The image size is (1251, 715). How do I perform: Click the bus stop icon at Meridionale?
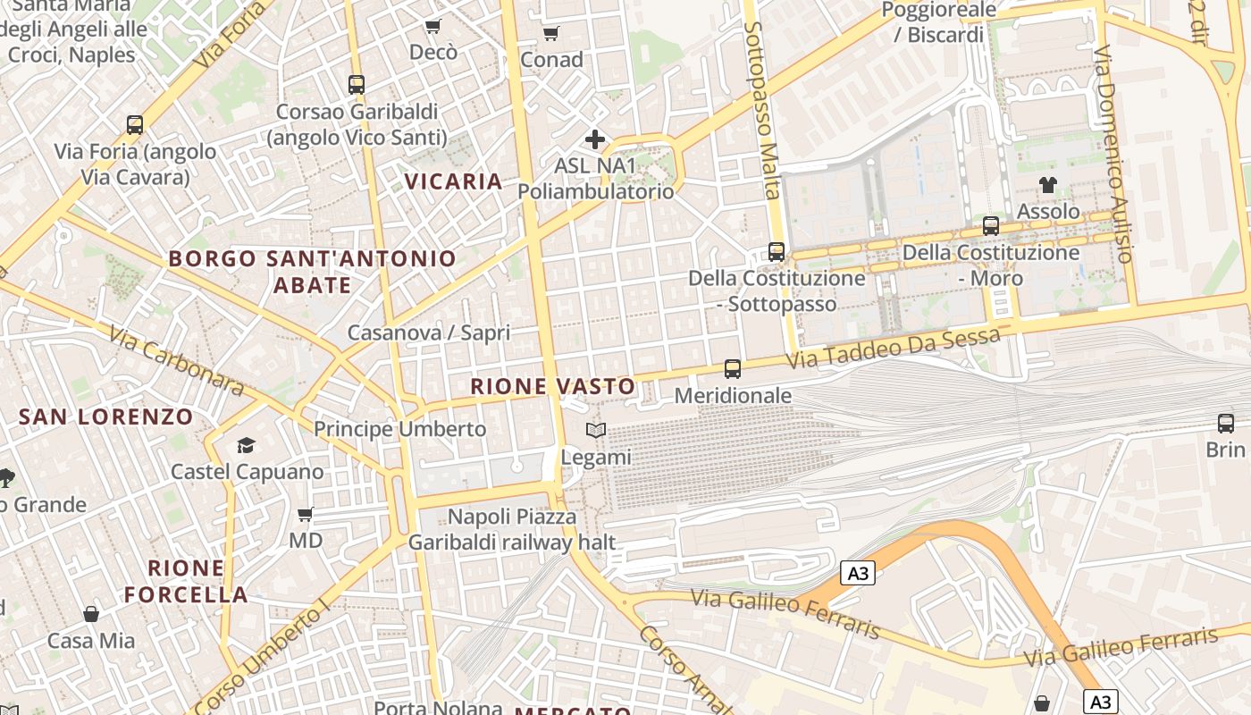[733, 368]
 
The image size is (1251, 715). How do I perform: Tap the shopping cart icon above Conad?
[551, 34]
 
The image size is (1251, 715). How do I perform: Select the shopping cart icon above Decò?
[433, 27]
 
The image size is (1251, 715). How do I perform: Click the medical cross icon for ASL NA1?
[595, 139]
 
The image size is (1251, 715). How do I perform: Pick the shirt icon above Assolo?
[1048, 185]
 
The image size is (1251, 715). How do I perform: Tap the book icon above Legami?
[596, 431]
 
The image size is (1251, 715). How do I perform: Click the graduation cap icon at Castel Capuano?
[246, 445]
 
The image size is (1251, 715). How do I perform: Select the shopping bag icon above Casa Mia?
[91, 614]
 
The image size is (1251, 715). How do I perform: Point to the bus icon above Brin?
[1225, 424]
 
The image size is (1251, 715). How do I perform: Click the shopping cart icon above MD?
[306, 515]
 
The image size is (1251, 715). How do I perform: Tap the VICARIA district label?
[453, 181]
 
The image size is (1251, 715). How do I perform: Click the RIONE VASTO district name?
[553, 387]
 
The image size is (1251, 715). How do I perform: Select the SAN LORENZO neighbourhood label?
[105, 416]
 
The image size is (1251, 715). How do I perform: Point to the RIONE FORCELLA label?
[186, 581]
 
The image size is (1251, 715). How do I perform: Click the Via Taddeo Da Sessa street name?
[893, 349]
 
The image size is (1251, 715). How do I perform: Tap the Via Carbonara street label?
[176, 361]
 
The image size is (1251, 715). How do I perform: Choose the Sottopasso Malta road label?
[763, 111]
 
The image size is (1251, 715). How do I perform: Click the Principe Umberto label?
[399, 429]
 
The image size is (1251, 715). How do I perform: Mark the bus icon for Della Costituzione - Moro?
[991, 226]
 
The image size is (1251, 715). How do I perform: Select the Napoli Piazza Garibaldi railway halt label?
[512, 529]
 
